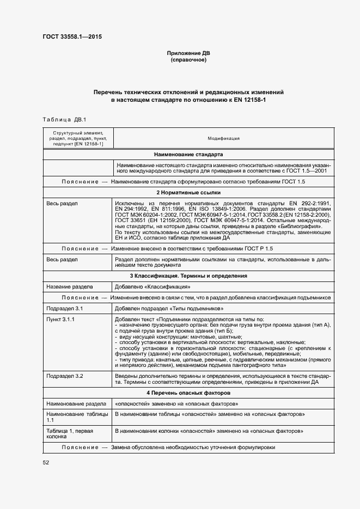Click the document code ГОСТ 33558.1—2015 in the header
(72, 37)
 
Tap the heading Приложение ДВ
(188, 53)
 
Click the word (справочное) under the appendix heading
(188, 60)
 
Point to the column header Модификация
(223, 138)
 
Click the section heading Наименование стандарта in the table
(188, 155)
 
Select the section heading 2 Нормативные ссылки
(188, 193)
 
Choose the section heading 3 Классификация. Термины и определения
(188, 276)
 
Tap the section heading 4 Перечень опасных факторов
(188, 393)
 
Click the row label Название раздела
(70, 286)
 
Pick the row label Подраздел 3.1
(64, 308)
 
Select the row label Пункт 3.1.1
(60, 319)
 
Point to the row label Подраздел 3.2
(64, 376)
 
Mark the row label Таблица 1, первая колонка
(70, 434)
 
